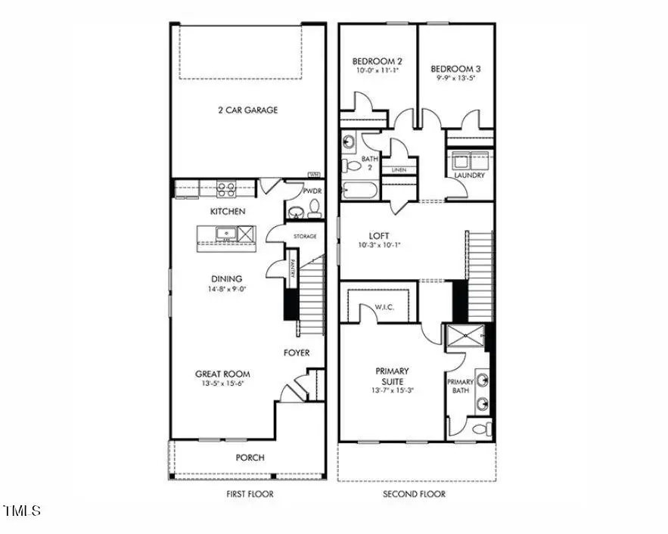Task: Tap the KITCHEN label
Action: coord(228,211)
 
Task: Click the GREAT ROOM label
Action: coord(222,374)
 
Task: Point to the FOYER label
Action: coord(297,352)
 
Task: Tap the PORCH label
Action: coord(250,458)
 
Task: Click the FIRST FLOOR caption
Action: coord(250,494)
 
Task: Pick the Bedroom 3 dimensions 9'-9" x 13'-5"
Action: coord(457,77)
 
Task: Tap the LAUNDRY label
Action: coord(469,175)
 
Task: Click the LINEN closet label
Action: coord(399,170)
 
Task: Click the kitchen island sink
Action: coord(226,233)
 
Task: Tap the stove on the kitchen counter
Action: coord(226,188)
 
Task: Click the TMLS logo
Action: coord(22,512)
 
